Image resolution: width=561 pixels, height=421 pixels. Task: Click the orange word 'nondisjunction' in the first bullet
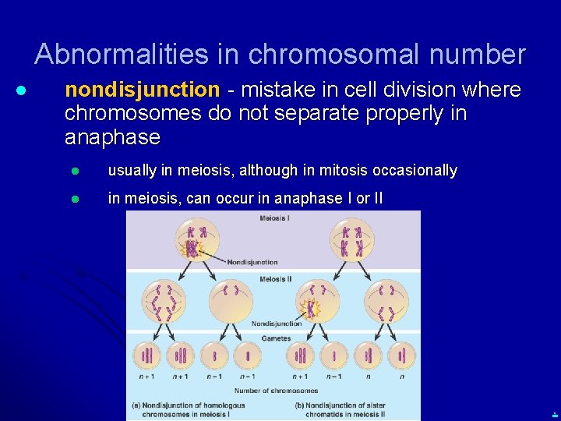click(143, 90)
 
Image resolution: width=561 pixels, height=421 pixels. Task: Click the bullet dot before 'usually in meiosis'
click(76, 171)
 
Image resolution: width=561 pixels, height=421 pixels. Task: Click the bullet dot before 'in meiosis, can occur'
click(76, 199)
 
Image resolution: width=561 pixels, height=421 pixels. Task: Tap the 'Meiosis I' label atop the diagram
click(274, 218)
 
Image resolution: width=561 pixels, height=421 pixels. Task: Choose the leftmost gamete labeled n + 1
click(146, 356)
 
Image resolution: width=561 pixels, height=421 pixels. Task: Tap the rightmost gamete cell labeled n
click(402, 356)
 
